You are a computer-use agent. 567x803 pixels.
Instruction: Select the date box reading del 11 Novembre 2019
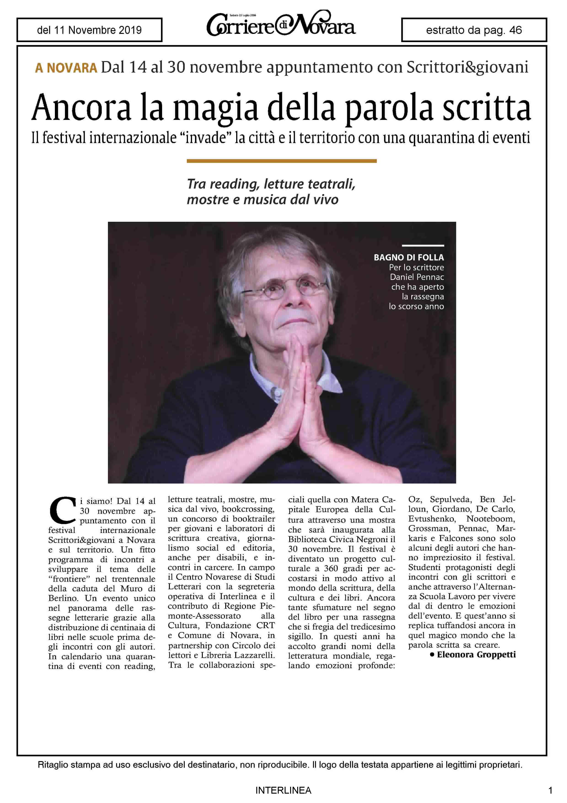[89, 30]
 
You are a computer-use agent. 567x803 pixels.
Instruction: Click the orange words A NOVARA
[66, 68]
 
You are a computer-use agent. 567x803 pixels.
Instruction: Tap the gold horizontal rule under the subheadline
[282, 161]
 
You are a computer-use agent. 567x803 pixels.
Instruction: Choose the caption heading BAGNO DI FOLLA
[409, 257]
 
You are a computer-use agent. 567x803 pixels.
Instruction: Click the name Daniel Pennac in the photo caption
[417, 277]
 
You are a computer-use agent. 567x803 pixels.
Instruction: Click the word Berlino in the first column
[63, 598]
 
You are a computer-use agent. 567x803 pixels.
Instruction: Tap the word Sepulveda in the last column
[451, 499]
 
